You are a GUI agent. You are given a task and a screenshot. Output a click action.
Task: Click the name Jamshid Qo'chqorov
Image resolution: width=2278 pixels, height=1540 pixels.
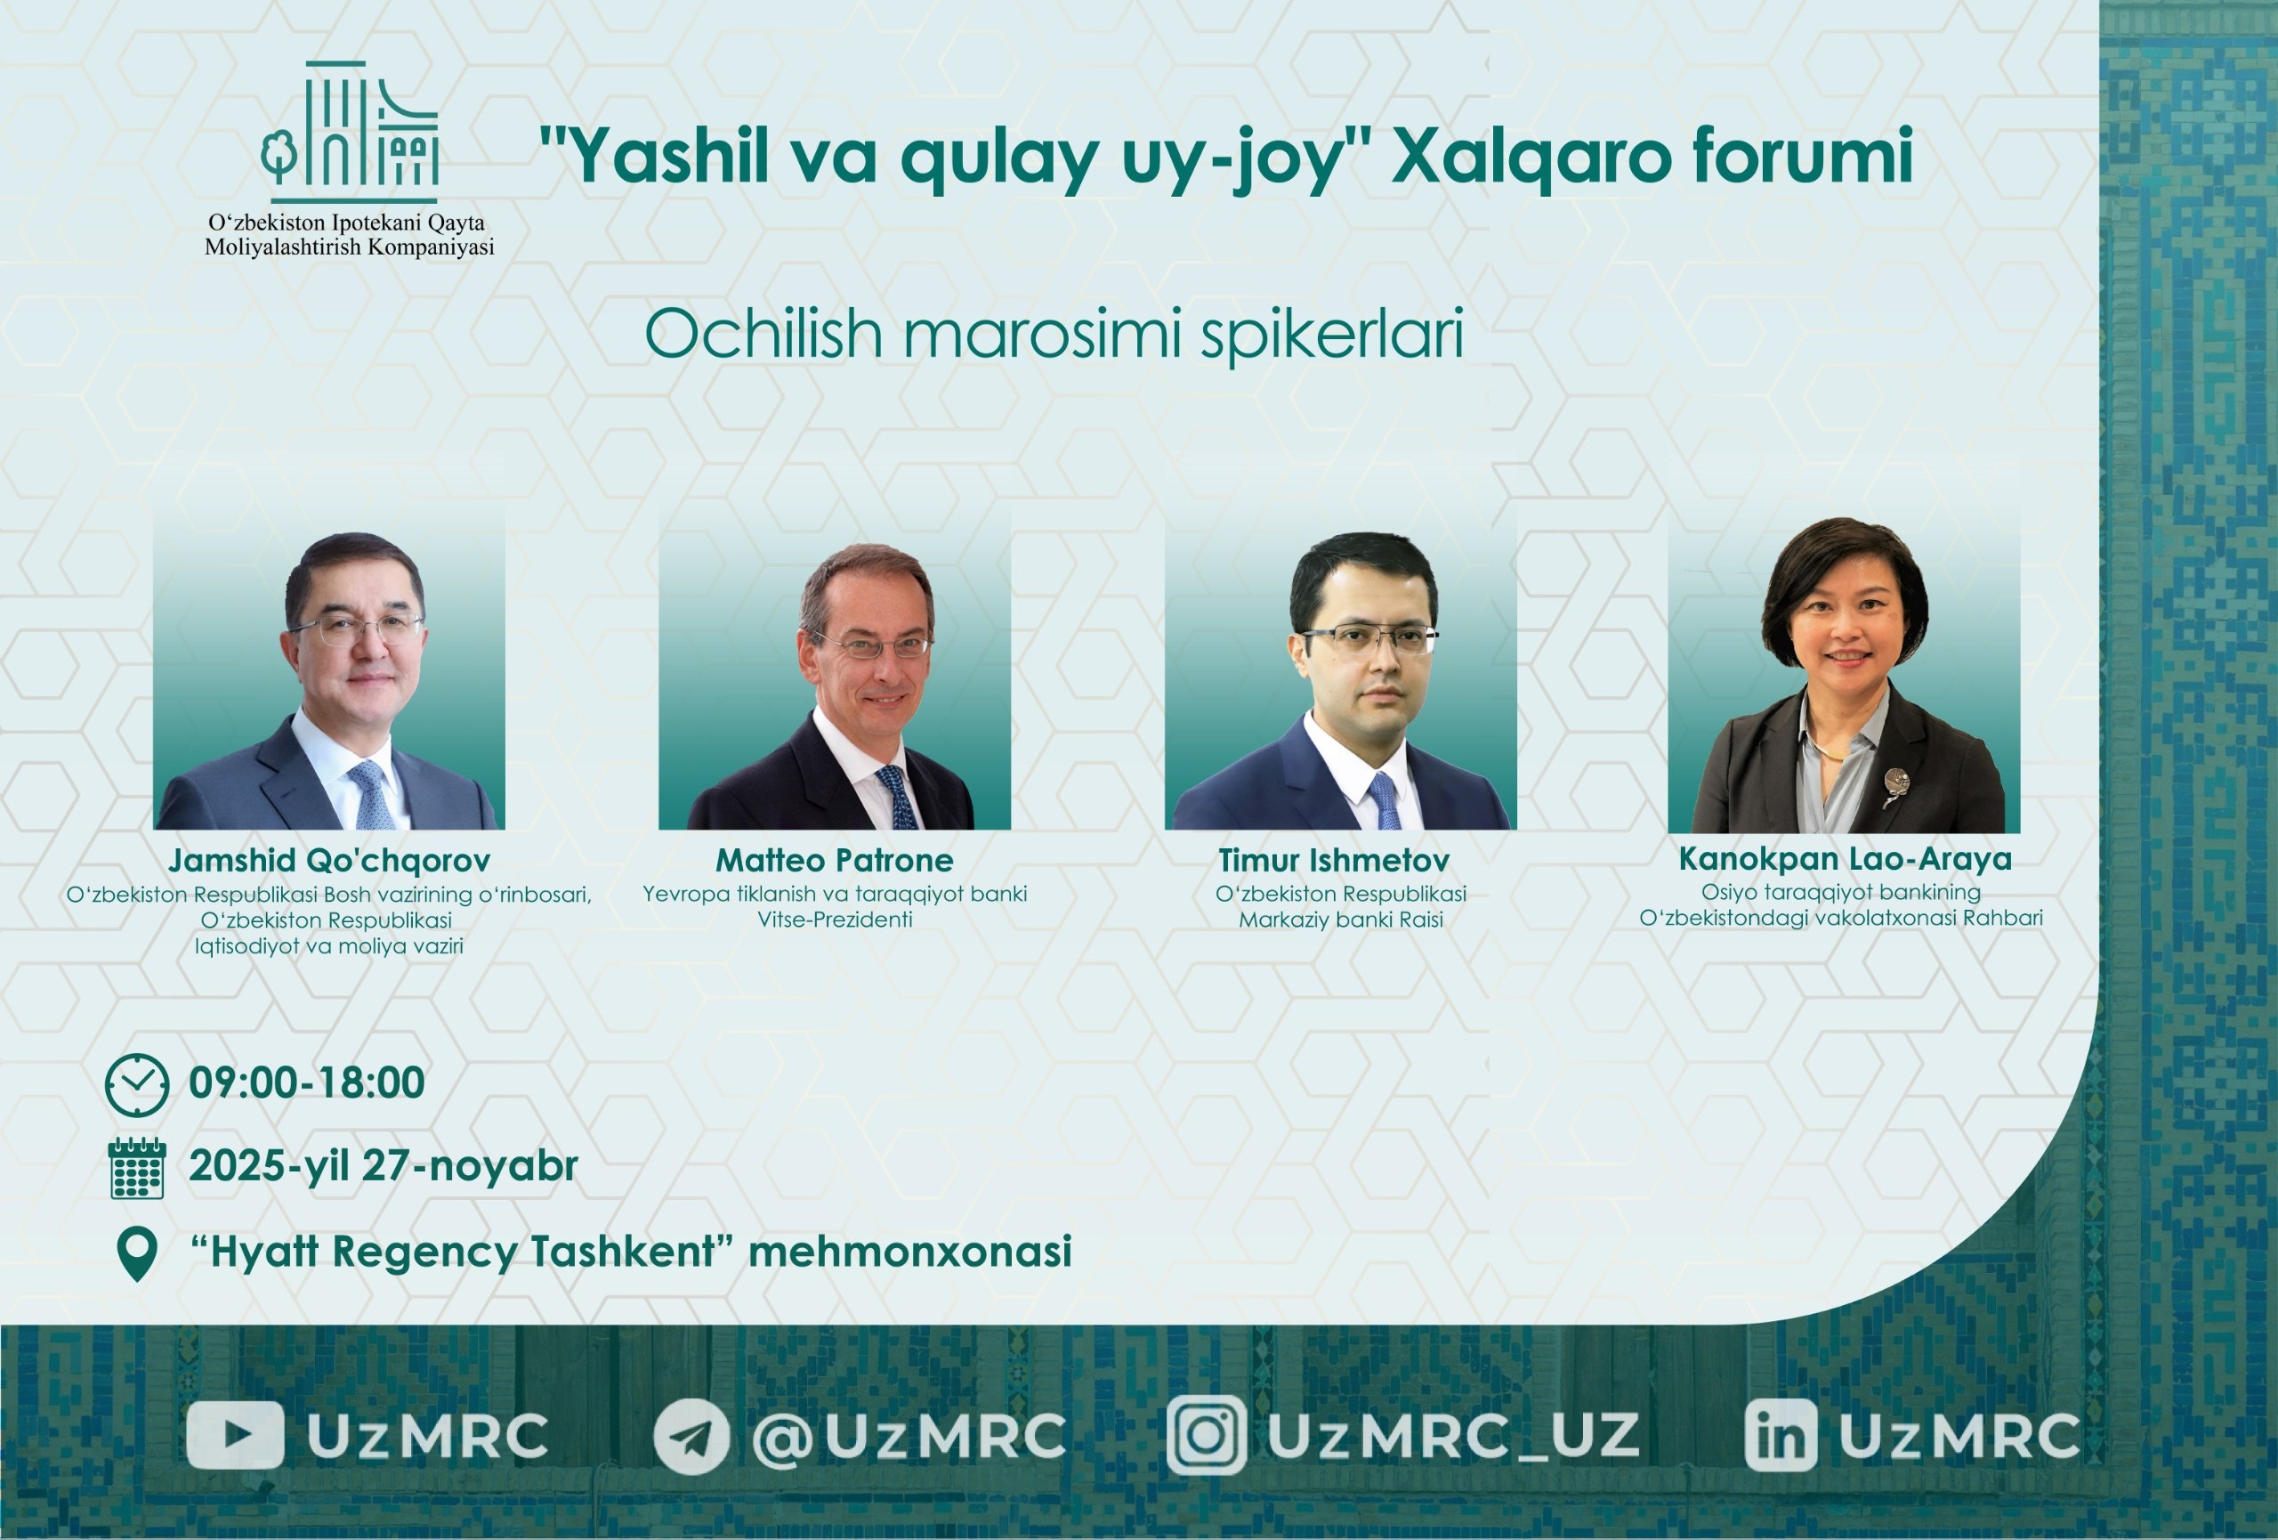[x=329, y=861]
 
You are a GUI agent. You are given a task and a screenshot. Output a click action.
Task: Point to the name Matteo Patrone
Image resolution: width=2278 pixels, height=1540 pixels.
[x=834, y=861]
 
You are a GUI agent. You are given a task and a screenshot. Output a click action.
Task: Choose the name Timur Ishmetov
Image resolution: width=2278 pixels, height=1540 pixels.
[x=1333, y=861]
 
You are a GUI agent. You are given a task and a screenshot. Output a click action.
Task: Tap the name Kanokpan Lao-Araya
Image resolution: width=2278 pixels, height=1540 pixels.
[x=1845, y=859]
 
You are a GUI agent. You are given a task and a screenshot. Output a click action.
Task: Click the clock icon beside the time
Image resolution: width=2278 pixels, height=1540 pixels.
[x=137, y=1084]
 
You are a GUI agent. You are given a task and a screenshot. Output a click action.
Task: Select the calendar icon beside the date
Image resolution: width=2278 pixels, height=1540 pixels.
[x=137, y=1169]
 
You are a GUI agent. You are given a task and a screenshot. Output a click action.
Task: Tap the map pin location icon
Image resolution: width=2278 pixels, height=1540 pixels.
[x=137, y=1253]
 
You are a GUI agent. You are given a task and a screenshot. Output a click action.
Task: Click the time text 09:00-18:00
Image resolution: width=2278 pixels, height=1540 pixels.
[x=307, y=1083]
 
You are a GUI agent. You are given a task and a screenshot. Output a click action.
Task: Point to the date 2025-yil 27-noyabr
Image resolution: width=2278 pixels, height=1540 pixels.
[x=384, y=1166]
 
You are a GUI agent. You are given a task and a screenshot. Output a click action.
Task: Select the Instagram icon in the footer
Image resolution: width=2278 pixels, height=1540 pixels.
[x=1207, y=1435]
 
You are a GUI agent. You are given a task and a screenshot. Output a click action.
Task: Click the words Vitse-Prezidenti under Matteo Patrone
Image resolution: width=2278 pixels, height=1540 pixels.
[x=834, y=920]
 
